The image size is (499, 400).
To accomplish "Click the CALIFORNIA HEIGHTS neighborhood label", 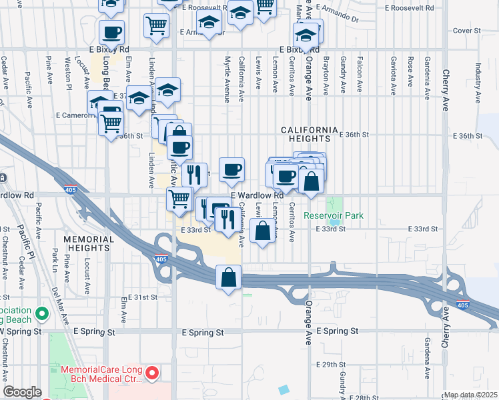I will pyautogui.click(x=306, y=133).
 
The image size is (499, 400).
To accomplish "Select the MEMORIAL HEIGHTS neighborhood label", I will pyautogui.click(x=86, y=243).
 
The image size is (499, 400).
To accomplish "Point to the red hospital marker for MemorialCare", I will pyautogui.click(x=151, y=373).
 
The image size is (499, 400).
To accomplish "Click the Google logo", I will pyautogui.click(x=22, y=392).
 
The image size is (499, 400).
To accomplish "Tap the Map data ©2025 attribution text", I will pyautogui.click(x=470, y=395).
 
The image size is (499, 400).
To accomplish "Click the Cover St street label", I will pyautogui.click(x=467, y=31).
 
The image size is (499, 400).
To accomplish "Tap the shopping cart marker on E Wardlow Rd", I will pyautogui.click(x=179, y=199).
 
